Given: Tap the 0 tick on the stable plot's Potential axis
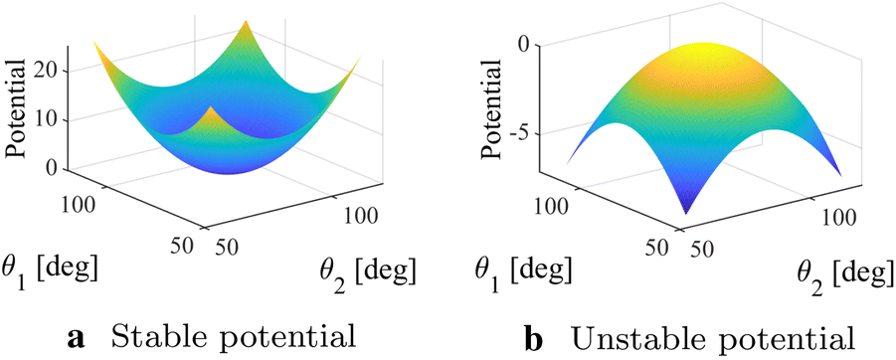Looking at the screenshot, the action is (52, 169).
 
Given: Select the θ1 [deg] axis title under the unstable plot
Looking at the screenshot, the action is (521, 269).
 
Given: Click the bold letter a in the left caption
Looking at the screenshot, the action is (76, 339).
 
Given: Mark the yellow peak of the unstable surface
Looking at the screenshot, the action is (707, 48).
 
